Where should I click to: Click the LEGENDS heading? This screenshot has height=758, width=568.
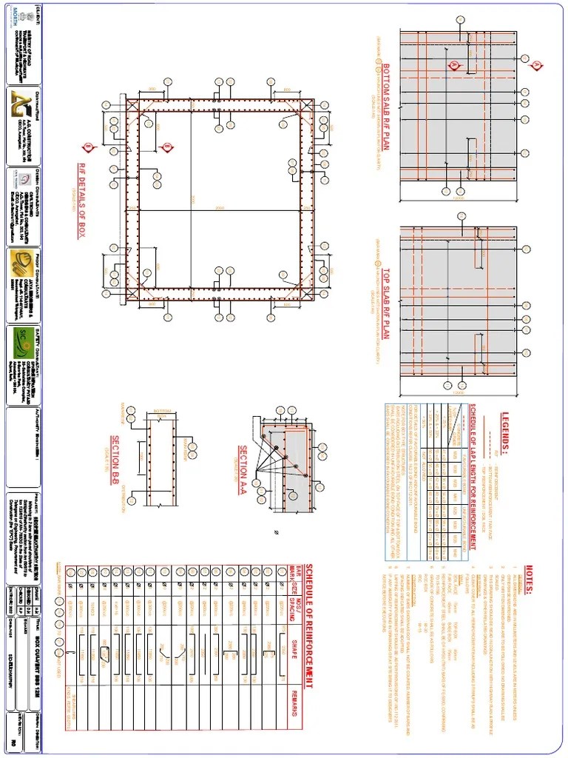506,431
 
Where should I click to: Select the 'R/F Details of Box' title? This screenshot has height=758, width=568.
82,201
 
